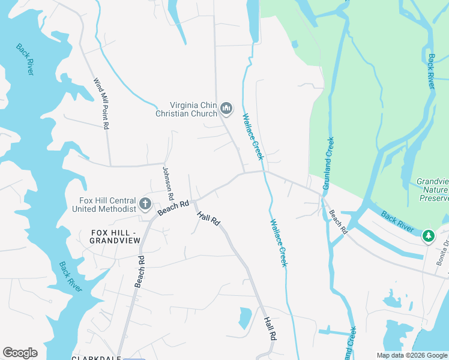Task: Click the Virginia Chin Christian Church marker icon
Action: pyautogui.click(x=226, y=108)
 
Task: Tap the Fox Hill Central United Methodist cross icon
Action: pyautogui.click(x=145, y=204)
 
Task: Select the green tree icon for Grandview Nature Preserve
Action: pyautogui.click(x=428, y=235)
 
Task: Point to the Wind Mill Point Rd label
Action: pyautogui.click(x=101, y=103)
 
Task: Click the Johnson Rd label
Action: pyautogui.click(x=167, y=184)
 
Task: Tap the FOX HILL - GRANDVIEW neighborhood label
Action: pyautogui.click(x=115, y=236)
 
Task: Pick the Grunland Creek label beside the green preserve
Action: pyautogui.click(x=328, y=164)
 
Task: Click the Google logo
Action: pyautogui.click(x=20, y=353)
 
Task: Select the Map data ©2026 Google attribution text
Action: pyautogui.click(x=411, y=355)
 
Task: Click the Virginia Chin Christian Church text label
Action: pyautogui.click(x=188, y=108)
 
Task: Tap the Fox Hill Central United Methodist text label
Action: pyautogui.click(x=104, y=205)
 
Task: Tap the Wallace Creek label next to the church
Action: pyautogui.click(x=253, y=136)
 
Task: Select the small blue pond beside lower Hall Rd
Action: pyautogui.click(x=245, y=317)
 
